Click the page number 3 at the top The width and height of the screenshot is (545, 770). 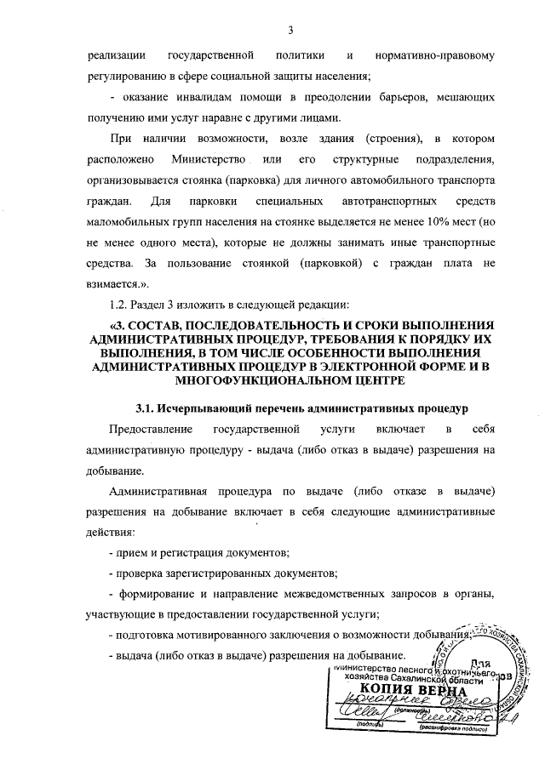pos(290,31)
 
